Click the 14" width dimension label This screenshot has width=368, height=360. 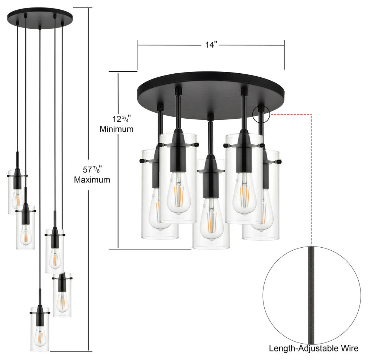pyautogui.click(x=211, y=45)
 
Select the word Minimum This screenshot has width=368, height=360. pyautogui.click(x=116, y=129)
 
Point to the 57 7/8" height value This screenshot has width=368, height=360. pyautogui.click(x=92, y=170)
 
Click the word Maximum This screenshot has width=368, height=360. pyautogui.click(x=92, y=180)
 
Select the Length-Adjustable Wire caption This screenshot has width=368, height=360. pyautogui.click(x=314, y=348)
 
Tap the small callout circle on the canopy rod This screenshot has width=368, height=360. pyautogui.click(x=261, y=115)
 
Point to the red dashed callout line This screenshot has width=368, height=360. pyautogui.click(x=311, y=167)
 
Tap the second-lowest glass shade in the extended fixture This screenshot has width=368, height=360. pyautogui.click(x=62, y=296)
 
